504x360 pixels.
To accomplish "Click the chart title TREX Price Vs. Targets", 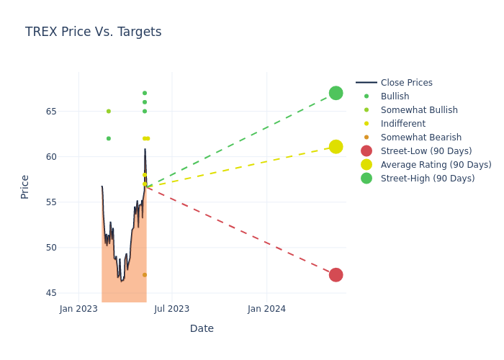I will coord(93,32).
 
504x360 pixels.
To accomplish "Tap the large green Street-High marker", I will coord(336,93).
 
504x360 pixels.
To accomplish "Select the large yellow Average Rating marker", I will coord(336,147).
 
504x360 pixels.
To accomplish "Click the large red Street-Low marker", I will coord(336,275).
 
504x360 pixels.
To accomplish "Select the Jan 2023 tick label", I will coord(78,309).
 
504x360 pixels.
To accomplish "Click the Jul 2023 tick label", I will coord(172,309).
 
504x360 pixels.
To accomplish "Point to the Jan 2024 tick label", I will coord(266,309).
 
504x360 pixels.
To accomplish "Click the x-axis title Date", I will coord(202,329).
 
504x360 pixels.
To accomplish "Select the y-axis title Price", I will coord(25,186).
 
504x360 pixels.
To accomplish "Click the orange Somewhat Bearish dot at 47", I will coord(145,275).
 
